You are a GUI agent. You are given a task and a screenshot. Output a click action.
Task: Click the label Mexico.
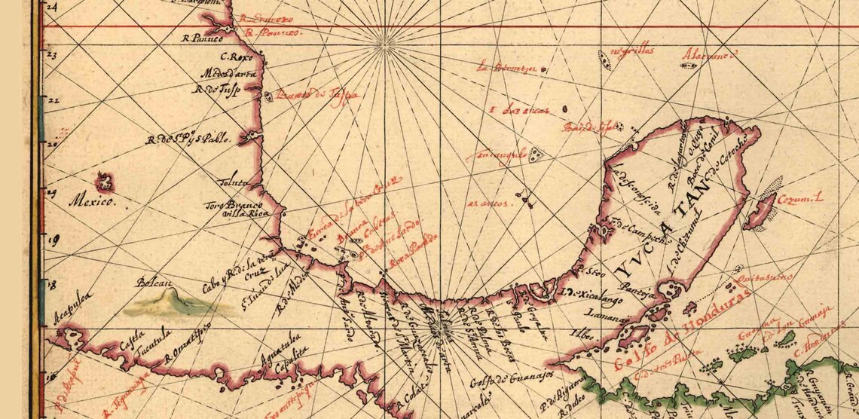coord(90,202)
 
